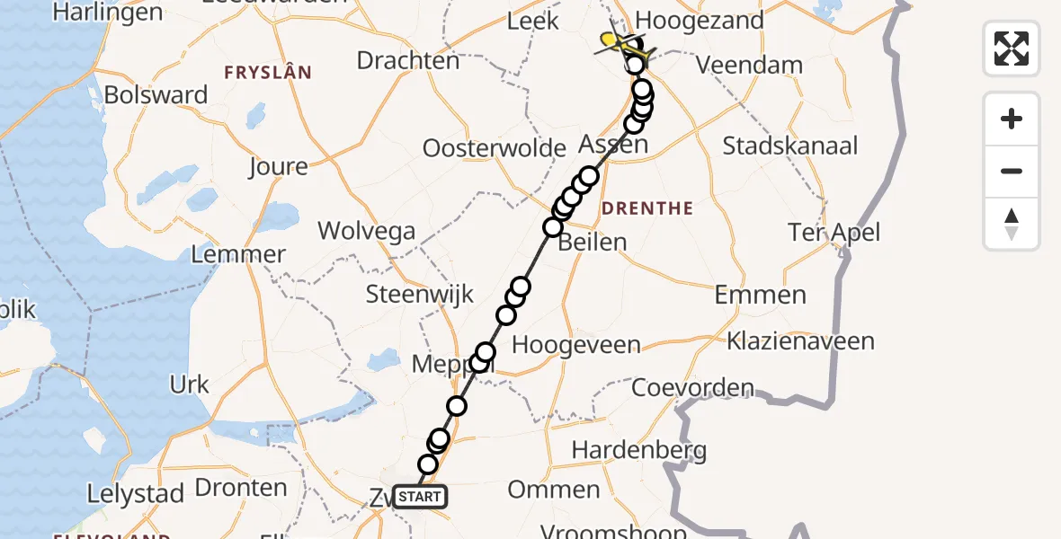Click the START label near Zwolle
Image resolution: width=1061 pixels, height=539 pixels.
point(419,497)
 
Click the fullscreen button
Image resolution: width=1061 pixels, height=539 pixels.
point(1012,48)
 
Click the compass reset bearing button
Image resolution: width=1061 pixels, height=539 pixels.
point(1012,224)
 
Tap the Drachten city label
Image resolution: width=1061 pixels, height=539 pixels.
point(408,60)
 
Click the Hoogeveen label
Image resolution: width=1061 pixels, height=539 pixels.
point(575,345)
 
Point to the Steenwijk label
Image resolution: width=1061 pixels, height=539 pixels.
point(420,295)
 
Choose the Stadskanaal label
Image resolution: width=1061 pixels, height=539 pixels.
point(790,146)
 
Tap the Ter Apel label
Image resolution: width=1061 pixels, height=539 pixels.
point(834,233)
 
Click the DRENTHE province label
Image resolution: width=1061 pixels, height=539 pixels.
point(647,208)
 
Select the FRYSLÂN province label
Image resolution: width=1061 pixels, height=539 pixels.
point(269,72)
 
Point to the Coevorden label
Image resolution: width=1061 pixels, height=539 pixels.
point(692,388)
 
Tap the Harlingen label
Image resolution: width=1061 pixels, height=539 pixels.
point(108,13)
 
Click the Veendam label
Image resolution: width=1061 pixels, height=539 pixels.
point(749,65)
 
